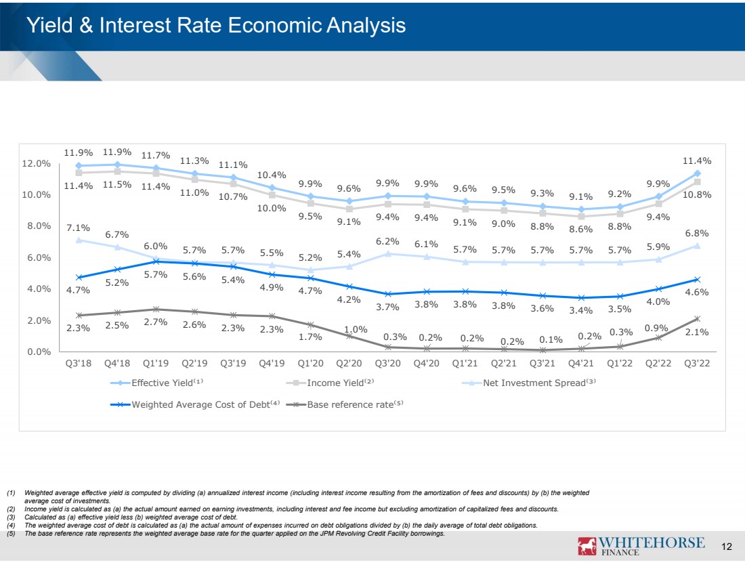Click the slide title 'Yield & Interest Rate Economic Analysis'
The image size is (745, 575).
coord(216,25)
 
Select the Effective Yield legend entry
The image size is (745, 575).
coord(157,383)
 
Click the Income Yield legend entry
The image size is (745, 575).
coord(331,383)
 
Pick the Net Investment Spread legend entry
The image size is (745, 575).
coord(529,383)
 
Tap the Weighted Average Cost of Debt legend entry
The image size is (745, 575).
coord(195,404)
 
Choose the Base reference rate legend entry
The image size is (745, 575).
coord(345,404)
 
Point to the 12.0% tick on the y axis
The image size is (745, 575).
coord(36,163)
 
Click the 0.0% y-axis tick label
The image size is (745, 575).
coord(39,352)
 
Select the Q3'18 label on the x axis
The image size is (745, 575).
coord(79,364)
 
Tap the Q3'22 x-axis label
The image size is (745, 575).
coord(697,364)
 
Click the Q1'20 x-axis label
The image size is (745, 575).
coord(310,364)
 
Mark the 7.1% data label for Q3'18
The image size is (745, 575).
coord(78,228)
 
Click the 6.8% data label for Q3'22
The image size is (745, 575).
coord(697,234)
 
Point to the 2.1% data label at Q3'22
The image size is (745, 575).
coord(697,332)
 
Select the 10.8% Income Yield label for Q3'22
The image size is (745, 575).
coord(697,194)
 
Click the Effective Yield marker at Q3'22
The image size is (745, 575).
coord(697,173)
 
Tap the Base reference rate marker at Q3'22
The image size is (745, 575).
coord(697,319)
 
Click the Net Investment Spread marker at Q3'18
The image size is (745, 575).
coord(79,240)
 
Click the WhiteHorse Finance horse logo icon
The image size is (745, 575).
coord(587,546)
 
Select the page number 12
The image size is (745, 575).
coord(727,547)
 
